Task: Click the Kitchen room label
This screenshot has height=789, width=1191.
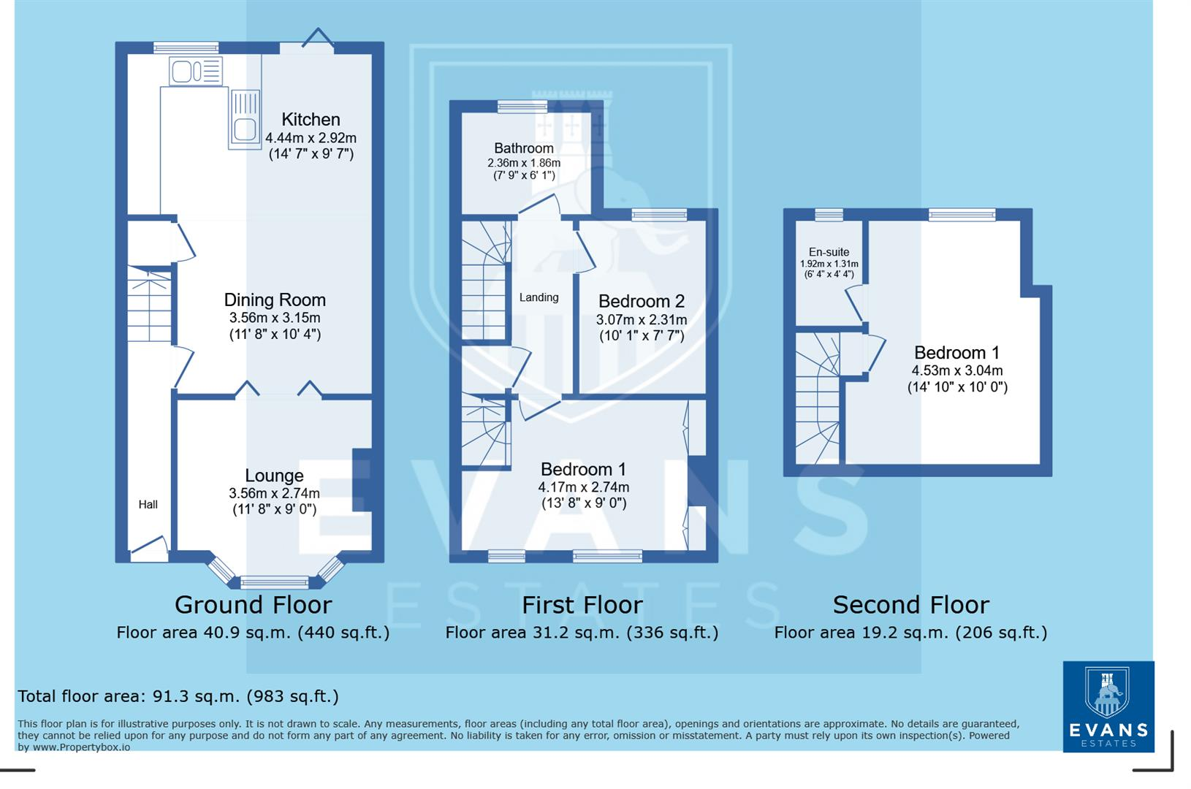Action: [311, 120]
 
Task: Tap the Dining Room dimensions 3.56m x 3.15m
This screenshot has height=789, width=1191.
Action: [275, 318]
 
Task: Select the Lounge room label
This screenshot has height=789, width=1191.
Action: [274, 476]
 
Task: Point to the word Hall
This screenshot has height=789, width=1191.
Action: [148, 505]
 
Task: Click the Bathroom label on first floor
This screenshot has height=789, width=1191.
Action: [523, 148]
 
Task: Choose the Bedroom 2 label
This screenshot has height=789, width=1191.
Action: [641, 301]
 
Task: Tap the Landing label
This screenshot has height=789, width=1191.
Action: [539, 297]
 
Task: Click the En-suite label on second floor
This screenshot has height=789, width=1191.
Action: [829, 252]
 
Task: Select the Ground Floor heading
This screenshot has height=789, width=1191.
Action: [253, 605]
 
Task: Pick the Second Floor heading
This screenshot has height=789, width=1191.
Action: [910, 605]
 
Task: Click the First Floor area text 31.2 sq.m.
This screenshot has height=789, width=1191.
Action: [582, 633]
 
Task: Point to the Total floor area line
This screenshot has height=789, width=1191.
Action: [178, 696]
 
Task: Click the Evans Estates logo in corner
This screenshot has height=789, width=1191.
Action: [1108, 706]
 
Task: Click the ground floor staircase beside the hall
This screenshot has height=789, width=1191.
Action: [149, 305]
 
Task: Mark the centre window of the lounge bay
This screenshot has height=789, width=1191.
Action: [275, 582]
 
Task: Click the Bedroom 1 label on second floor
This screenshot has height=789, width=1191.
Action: [956, 353]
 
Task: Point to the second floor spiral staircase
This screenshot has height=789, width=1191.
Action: [817, 398]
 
